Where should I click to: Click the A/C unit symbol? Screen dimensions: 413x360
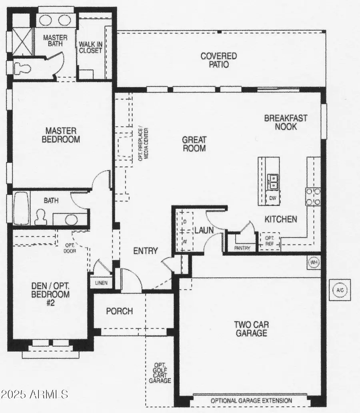[x=340, y=289]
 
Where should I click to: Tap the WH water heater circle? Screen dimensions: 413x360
[x=314, y=262]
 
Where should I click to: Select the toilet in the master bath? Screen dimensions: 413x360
[x=22, y=68]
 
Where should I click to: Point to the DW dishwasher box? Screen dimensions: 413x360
[x=273, y=198]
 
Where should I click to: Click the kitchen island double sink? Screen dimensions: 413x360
[x=273, y=182]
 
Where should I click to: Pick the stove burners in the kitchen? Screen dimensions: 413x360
[x=313, y=197]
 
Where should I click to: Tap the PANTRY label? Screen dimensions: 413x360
[x=242, y=248]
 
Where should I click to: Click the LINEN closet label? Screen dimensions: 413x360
[x=101, y=283]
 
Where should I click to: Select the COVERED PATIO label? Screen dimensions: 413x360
[x=219, y=60]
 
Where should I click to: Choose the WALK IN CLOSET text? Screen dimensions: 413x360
[x=90, y=47]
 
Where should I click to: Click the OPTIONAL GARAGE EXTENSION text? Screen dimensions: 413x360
[x=251, y=401]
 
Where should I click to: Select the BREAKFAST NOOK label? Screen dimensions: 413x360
[x=286, y=122]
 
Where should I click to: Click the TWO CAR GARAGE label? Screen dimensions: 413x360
[x=251, y=328]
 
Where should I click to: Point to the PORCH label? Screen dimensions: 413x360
[x=119, y=311]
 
